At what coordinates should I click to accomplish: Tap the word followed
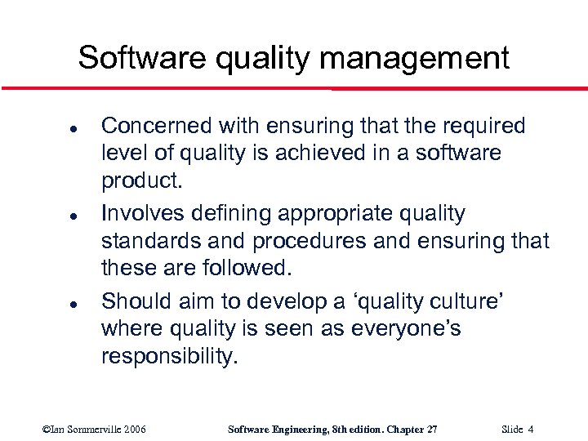click(x=246, y=267)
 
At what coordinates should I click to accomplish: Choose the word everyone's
click(x=414, y=328)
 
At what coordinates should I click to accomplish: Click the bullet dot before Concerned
click(x=51, y=129)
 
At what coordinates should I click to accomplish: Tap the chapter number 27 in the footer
click(x=432, y=429)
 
